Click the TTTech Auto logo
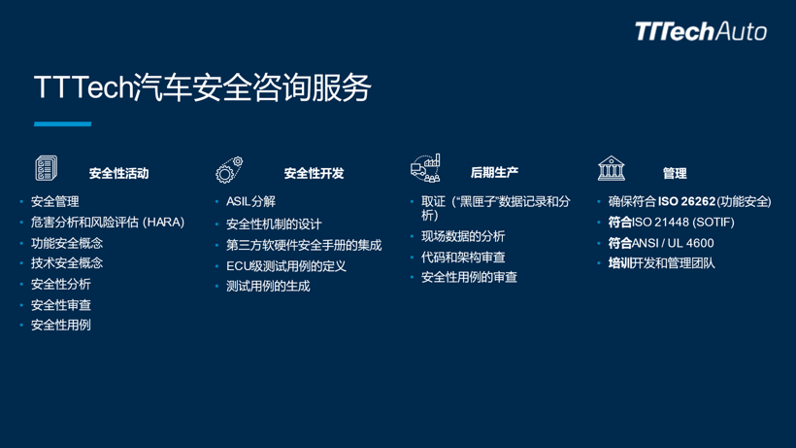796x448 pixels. click(x=701, y=31)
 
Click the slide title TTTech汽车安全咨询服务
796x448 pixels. click(x=203, y=87)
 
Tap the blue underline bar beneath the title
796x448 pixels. click(x=62, y=124)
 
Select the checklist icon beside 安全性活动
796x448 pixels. click(x=47, y=168)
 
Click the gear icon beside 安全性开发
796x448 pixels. click(x=229, y=170)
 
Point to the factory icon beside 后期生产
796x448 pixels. click(x=425, y=168)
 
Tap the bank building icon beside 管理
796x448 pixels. click(x=612, y=168)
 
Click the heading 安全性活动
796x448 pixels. click(x=118, y=174)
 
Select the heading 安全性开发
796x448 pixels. click(x=314, y=174)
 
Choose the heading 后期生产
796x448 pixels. click(x=494, y=173)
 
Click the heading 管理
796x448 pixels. click(x=675, y=174)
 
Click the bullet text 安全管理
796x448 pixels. click(x=54, y=202)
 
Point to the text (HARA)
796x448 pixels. click(x=163, y=223)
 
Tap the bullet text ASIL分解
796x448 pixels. click(x=250, y=202)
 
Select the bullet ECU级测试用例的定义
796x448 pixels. click(x=286, y=266)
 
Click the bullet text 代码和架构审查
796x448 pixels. click(x=463, y=258)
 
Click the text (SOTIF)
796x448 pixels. click(x=713, y=223)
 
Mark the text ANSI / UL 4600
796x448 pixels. click(x=673, y=243)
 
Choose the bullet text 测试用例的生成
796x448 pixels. click(x=268, y=287)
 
